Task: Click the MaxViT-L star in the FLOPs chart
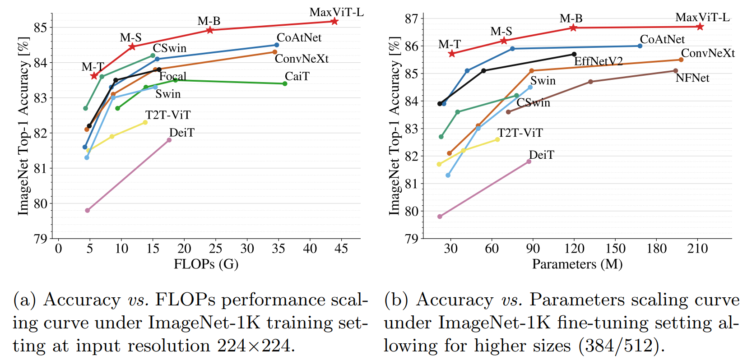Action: pos(334,21)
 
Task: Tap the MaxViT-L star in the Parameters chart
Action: pos(700,27)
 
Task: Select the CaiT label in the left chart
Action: pos(297,76)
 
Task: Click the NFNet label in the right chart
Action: pos(692,78)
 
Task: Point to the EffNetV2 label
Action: pos(598,61)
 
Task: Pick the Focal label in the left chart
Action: pos(172,76)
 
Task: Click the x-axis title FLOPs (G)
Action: pos(206,264)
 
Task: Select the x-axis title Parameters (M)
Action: pos(577,264)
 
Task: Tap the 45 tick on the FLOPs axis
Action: pos(341,249)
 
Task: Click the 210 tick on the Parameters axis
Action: pos(697,249)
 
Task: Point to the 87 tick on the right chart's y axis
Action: pos(412,19)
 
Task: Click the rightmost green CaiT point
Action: pos(285,83)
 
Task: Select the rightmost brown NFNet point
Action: pos(675,71)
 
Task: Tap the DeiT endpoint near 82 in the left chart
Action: pos(169,140)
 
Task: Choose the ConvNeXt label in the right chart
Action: pos(708,53)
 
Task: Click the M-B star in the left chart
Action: pos(210,30)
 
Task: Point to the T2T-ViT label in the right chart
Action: pos(520,133)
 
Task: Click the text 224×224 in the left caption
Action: pos(254,346)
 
